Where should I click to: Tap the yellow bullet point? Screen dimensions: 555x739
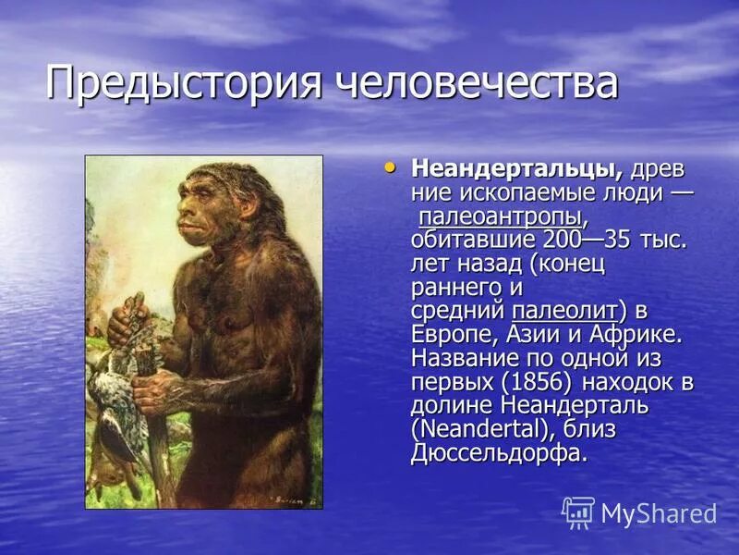[390, 167]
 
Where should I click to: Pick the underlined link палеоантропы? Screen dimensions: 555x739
[502, 217]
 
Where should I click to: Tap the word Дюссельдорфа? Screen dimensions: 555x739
[499, 454]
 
